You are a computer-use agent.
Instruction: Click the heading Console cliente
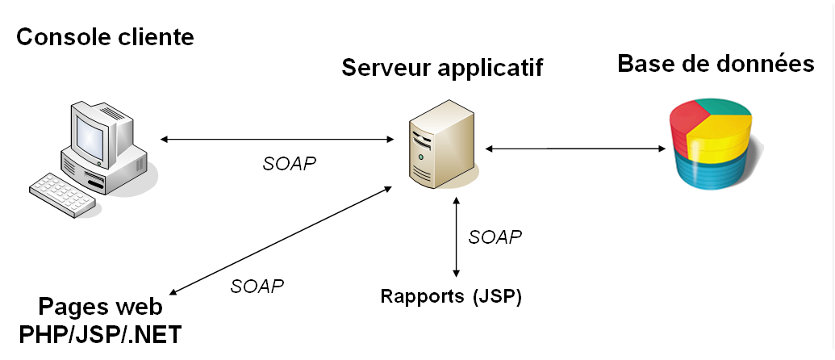[105, 37]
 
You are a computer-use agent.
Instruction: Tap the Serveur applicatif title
[442, 67]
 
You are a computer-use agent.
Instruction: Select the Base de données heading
[716, 64]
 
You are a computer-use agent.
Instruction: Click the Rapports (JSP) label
[451, 296]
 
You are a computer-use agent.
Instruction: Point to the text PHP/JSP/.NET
[100, 333]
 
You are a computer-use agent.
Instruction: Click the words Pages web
[100, 308]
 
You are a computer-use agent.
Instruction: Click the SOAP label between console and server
[290, 163]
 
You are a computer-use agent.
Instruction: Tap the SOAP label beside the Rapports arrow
[495, 237]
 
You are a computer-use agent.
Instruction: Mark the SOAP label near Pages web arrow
[257, 286]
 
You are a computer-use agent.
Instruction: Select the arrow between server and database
[574, 149]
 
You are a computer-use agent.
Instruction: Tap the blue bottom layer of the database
[710, 174]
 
